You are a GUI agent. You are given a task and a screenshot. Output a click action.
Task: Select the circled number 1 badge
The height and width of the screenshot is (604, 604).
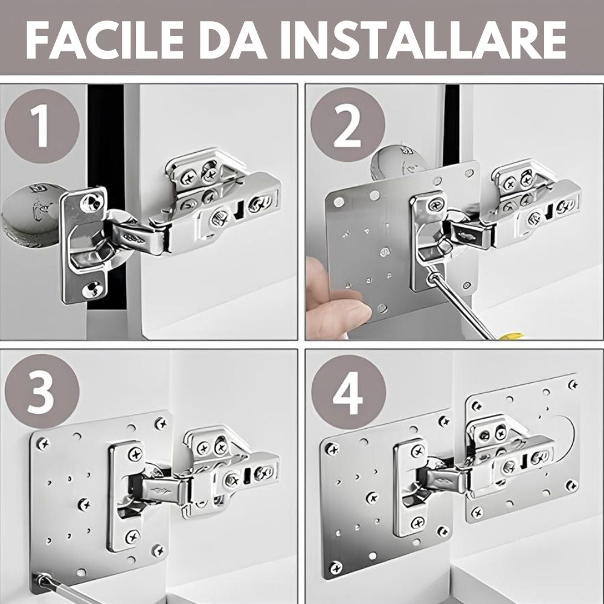pyautogui.click(x=42, y=126)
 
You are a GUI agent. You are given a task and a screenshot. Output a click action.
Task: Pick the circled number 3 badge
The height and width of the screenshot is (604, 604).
pyautogui.click(x=42, y=391)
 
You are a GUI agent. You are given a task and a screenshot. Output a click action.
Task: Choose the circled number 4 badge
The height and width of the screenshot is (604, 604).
pyautogui.click(x=349, y=392)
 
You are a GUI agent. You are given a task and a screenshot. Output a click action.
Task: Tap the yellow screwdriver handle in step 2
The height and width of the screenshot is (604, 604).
pyautogui.click(x=509, y=336)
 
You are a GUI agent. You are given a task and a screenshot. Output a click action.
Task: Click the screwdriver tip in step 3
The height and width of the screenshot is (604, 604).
pyautogui.click(x=37, y=578)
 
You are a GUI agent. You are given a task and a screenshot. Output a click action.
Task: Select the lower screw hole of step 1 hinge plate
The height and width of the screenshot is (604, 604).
pyautogui.click(x=92, y=289)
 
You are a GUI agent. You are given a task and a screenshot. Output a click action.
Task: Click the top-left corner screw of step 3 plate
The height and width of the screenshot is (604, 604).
pyautogui.click(x=43, y=444)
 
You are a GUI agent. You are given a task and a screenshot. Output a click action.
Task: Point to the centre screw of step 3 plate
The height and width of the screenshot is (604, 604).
pyautogui.click(x=83, y=504)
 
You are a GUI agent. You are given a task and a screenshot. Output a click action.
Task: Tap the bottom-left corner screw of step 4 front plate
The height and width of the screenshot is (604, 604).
pyautogui.click(x=335, y=567)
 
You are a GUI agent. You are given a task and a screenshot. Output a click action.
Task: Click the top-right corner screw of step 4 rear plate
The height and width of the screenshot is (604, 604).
pyautogui.click(x=573, y=384)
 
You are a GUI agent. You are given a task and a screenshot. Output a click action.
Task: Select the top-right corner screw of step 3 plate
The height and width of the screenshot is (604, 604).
pyautogui.click(x=160, y=424)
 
